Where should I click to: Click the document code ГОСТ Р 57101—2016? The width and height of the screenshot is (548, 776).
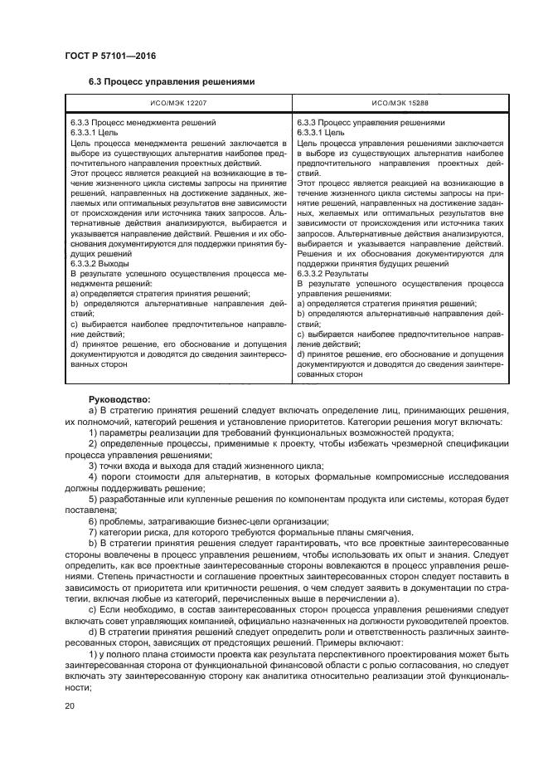[109, 56]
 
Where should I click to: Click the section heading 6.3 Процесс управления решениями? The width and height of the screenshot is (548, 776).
[171, 82]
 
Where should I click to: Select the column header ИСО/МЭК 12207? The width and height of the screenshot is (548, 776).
[179, 103]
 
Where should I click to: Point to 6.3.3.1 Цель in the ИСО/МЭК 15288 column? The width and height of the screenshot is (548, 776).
[320, 132]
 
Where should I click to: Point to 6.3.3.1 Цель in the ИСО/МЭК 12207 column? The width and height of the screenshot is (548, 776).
[94, 132]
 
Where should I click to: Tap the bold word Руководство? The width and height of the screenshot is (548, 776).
[119, 399]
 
